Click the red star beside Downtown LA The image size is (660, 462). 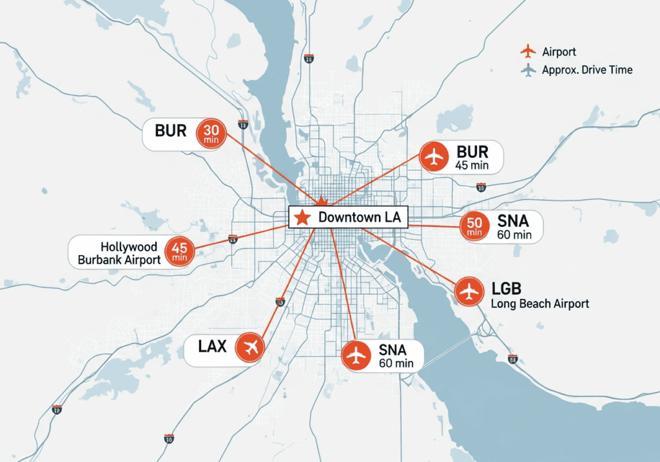[x=301, y=218]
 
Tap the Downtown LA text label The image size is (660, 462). [x=359, y=218]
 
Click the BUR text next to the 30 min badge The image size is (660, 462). [x=171, y=131]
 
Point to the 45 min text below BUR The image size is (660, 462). [x=472, y=166]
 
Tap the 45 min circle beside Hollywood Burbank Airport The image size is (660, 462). [x=180, y=251]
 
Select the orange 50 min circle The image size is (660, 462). [x=474, y=226]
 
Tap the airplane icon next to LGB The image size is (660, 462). [x=470, y=291]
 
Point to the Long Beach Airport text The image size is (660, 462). [x=539, y=303]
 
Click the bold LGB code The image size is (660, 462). [x=506, y=288]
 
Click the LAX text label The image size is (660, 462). [x=213, y=347]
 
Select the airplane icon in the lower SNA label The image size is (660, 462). [x=356, y=356]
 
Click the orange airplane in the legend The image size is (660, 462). [x=527, y=51]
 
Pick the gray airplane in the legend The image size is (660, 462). [x=527, y=70]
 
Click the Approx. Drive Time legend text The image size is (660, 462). [x=587, y=70]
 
